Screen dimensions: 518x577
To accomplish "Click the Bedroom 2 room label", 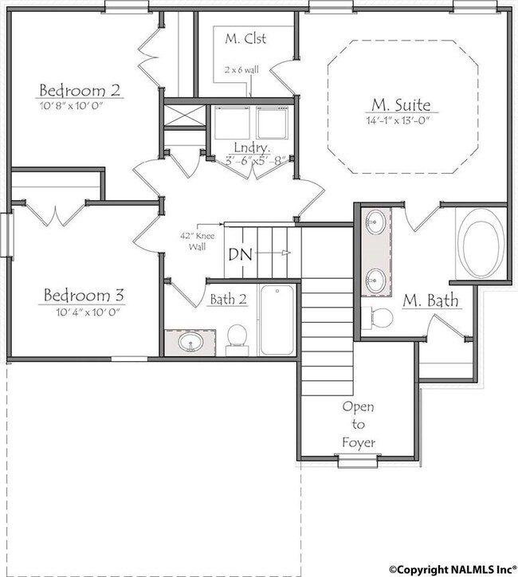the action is [x=80, y=90].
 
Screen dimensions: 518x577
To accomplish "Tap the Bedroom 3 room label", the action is [x=84, y=295].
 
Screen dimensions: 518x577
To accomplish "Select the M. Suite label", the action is [x=401, y=105].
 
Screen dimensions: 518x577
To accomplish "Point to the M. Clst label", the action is [x=245, y=38].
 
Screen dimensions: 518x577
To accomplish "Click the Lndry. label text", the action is [x=253, y=147].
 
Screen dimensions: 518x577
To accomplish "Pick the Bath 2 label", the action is [x=229, y=299].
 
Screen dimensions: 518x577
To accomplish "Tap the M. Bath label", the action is [x=430, y=300].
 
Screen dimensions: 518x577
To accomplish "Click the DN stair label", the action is [x=240, y=254].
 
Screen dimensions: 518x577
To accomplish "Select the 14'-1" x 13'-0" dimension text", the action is [x=398, y=120].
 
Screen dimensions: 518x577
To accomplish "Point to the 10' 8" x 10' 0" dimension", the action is [x=71, y=106].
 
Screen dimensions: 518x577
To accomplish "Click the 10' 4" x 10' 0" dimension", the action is [x=88, y=312].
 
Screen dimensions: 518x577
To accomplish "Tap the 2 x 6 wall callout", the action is [x=241, y=69].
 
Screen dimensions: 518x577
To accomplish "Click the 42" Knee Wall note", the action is [x=197, y=241].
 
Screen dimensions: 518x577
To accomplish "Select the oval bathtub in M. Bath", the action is [x=484, y=245].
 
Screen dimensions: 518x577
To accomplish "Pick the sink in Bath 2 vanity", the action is [x=190, y=342].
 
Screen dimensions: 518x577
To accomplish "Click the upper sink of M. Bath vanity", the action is [x=375, y=222].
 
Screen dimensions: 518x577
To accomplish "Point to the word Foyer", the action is [x=359, y=442].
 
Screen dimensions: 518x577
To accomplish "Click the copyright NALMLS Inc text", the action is [x=453, y=569].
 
